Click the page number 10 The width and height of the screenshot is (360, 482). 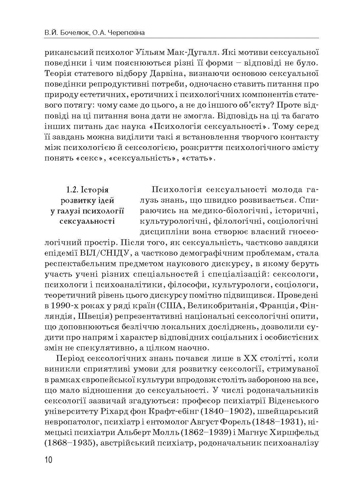48,459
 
